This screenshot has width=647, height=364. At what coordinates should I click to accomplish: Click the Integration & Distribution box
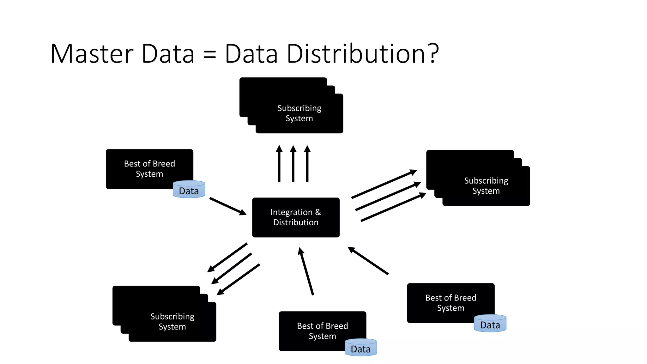click(296, 217)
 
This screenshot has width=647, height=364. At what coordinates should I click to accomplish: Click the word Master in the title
click(92, 54)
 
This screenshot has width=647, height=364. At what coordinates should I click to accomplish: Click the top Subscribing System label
click(299, 113)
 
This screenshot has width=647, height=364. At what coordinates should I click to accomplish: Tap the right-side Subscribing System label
click(486, 186)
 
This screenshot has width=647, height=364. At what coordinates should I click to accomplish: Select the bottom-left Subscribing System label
click(172, 321)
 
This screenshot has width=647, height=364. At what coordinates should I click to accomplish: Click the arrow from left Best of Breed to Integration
click(227, 206)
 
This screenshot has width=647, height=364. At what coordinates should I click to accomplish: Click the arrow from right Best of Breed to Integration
click(368, 261)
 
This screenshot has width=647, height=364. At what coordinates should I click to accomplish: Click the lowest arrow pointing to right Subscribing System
click(393, 207)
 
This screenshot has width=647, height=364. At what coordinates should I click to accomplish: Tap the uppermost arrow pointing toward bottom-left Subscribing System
click(227, 257)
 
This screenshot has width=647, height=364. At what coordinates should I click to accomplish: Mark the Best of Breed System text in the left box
click(149, 169)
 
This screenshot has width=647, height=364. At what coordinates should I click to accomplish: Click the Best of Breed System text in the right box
click(450, 303)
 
